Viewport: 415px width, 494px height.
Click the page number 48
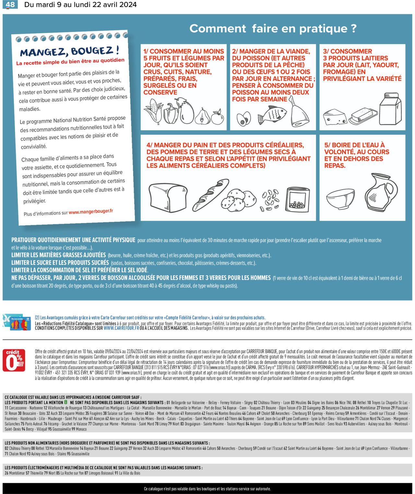click(x=10, y=5)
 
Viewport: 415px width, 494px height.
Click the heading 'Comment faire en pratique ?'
click(x=273, y=28)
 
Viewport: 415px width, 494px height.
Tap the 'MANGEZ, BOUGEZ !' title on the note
click(x=69, y=51)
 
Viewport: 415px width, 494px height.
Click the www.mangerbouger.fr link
click(x=91, y=211)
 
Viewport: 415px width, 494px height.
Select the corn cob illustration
click(x=152, y=111)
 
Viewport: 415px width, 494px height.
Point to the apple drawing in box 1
click(x=218, y=117)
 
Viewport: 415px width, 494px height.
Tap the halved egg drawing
click(x=243, y=119)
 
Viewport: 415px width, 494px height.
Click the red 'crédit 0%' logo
click(x=14, y=360)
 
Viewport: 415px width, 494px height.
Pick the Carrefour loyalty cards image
click(x=17, y=322)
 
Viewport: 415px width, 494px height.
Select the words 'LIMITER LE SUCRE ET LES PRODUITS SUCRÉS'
click(x=60, y=263)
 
